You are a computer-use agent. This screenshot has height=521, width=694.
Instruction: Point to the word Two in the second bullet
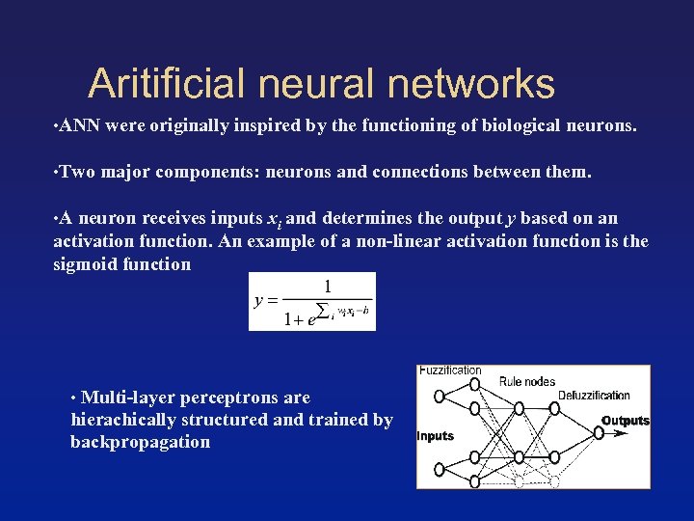pos(77,173)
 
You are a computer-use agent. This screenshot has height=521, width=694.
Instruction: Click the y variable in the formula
pos(258,300)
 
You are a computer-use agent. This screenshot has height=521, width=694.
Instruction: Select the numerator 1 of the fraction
pos(328,286)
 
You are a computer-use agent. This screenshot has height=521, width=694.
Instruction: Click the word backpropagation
pos(140,442)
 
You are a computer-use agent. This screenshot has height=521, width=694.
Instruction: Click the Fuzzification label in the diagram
pos(450,370)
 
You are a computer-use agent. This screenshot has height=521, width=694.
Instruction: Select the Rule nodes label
pos(526,381)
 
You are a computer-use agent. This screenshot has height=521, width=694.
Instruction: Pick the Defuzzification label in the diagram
pos(594,396)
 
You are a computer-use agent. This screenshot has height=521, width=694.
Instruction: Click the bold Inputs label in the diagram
pos(435,436)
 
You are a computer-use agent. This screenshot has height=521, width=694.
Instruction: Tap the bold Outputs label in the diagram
pos(626,421)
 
